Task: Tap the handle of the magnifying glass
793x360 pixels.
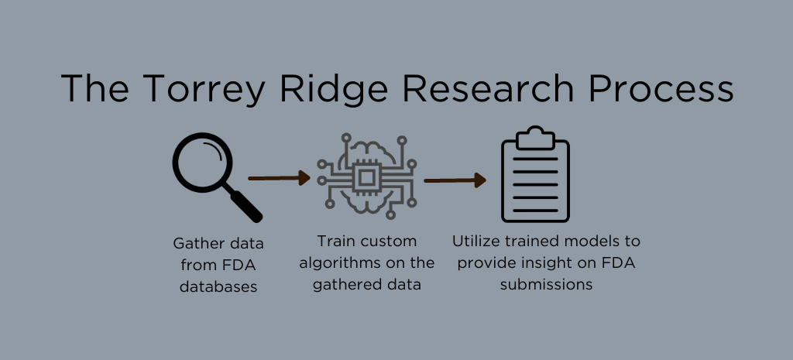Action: coord(245,204)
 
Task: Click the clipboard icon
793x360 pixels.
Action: coord(535,178)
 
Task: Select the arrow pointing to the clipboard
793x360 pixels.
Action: coord(455,180)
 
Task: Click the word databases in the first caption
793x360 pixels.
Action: coord(218,286)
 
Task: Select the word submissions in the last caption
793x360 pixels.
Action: coord(547,285)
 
